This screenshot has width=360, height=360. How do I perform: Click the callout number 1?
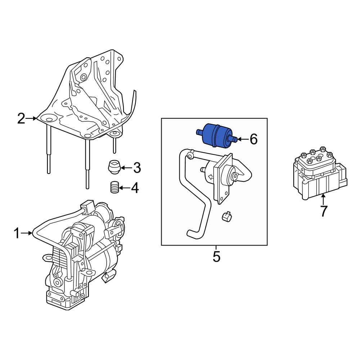click(17, 234)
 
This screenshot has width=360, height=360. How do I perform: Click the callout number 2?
click(21, 118)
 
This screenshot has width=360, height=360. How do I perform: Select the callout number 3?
click(136, 167)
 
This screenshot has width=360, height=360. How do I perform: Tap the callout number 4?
click(134, 188)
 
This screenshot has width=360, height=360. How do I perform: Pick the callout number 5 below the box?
click(216, 257)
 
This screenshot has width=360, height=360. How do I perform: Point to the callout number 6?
click(253, 139)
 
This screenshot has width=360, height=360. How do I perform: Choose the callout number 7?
click(324, 211)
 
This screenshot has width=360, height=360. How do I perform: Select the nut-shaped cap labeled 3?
click(114, 167)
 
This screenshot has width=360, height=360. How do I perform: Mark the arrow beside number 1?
click(27, 234)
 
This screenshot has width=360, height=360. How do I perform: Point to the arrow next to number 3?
click(125, 167)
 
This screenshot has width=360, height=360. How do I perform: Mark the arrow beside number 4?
click(124, 188)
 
